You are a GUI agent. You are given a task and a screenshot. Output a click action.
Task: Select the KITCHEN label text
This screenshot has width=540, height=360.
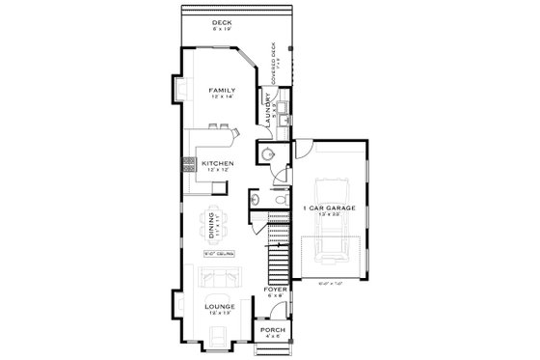click(218, 164)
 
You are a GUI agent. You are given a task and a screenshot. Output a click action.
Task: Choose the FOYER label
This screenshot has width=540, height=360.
click(274, 289)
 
